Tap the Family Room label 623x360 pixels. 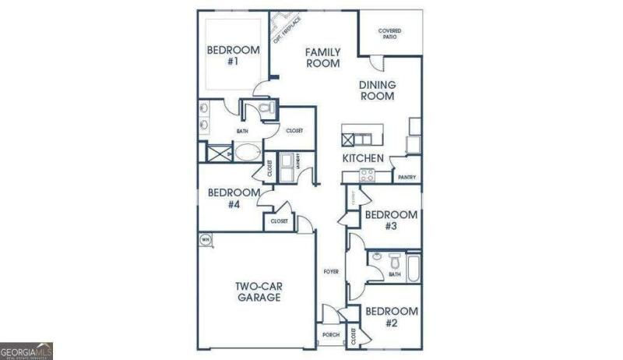pos(322,58)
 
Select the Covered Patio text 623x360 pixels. pos(390,34)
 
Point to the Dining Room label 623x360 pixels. pos(377,90)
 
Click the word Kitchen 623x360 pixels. pos(363,158)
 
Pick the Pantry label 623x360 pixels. pos(407,178)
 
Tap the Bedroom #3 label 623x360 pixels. pos(391,220)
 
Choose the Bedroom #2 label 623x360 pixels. pos(392,317)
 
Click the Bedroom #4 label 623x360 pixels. pos(234,198)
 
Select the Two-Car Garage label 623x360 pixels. pos(259,291)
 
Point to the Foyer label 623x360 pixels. pos(331,271)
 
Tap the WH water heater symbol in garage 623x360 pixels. pos(206,239)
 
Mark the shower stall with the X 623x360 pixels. pos(213,153)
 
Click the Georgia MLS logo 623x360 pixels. pos(26,351)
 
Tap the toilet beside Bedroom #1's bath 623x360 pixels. pos(264,109)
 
